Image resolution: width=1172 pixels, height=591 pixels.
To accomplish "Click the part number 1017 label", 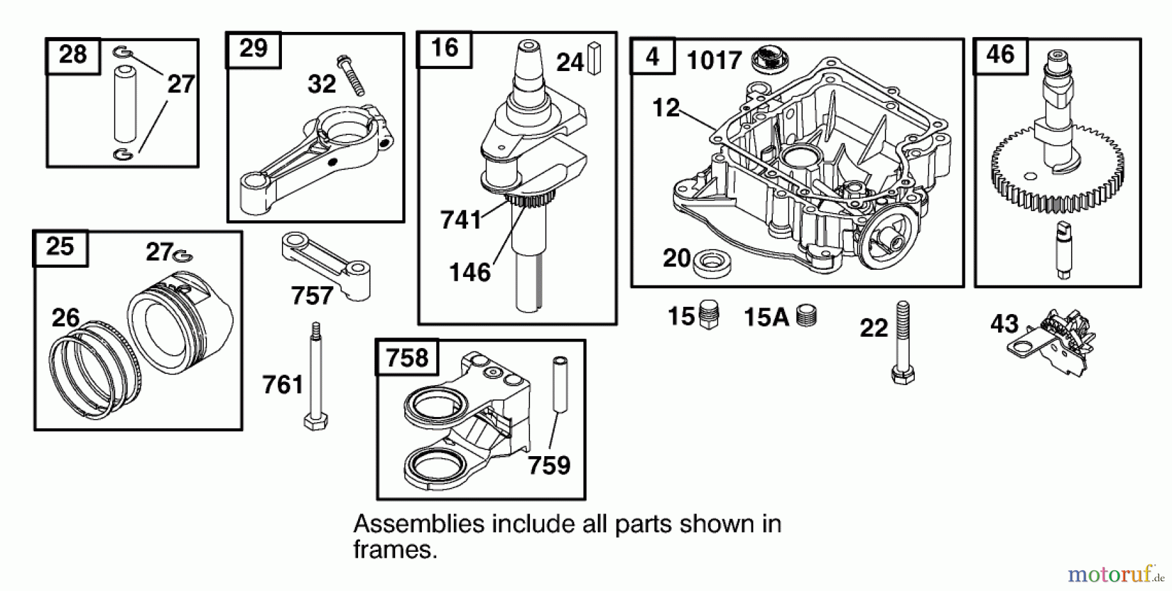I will tap(714, 61).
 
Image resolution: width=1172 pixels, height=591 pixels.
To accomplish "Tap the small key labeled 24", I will tap(594, 59).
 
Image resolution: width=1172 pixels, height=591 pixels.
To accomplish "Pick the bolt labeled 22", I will tap(902, 342).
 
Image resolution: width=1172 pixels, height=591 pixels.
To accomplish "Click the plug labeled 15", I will tap(708, 316).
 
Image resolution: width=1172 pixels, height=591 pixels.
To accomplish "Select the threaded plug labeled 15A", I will tap(807, 316).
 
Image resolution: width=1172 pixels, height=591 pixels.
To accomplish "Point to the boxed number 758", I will tap(407, 358).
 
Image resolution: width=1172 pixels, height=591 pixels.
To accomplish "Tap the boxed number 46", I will tap(1000, 54).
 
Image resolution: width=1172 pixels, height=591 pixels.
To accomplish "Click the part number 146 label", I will tap(469, 272).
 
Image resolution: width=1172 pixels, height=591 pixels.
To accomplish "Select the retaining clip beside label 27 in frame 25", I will tap(184, 255).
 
